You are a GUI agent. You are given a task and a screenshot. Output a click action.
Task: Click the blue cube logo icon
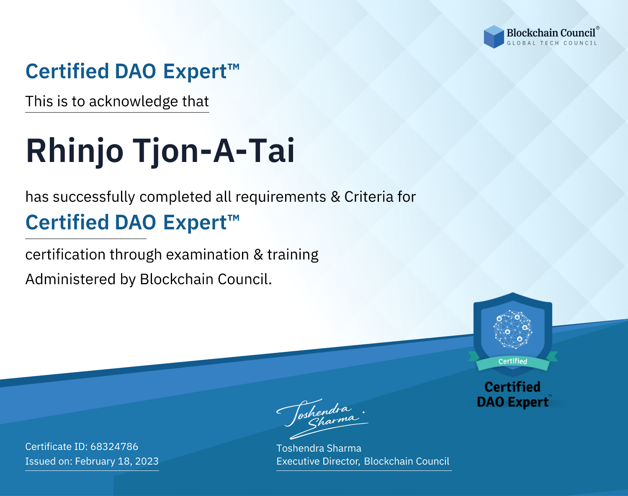point(494,37)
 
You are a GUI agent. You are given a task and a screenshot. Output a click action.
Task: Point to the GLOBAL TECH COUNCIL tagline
point(552,43)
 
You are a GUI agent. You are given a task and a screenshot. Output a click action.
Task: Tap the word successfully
point(94,197)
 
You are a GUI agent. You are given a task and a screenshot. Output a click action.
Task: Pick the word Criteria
point(368,197)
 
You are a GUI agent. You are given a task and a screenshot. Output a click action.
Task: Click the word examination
point(208,254)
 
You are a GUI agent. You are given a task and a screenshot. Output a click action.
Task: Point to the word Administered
point(70,279)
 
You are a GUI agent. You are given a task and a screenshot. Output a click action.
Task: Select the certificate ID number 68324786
point(114,446)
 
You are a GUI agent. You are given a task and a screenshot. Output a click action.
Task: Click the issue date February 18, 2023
point(117,461)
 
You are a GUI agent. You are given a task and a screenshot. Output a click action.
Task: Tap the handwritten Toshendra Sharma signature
point(322,419)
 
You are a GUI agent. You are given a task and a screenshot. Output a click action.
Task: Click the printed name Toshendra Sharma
point(319,448)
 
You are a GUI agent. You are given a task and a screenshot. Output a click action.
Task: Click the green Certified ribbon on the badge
point(513,362)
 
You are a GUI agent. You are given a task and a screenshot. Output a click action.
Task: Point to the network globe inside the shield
point(513,329)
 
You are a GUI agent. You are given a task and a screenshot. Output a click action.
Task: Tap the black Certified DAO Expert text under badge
point(513,394)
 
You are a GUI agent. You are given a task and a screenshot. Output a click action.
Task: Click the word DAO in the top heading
point(135,71)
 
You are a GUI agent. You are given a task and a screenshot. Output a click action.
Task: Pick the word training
point(293,255)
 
